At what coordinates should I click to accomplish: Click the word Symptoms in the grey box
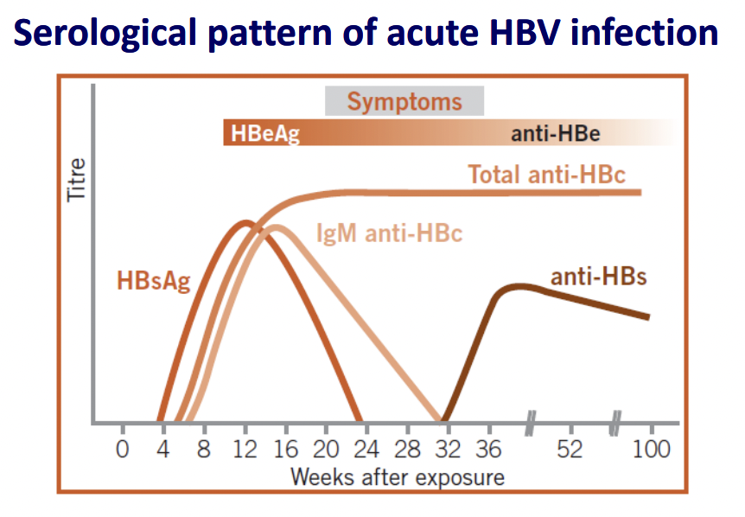point(404,102)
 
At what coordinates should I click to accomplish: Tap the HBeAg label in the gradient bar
point(265,133)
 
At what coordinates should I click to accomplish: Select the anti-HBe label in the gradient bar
point(556,133)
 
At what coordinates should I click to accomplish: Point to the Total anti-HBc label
point(547,175)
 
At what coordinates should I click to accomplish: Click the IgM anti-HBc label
point(389,233)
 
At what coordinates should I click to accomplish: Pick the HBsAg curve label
point(154,281)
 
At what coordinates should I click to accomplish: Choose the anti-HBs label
point(599,276)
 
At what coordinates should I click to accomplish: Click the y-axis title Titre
point(77,180)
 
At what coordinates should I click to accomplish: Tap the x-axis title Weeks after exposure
point(398,477)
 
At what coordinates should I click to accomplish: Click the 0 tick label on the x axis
point(122,449)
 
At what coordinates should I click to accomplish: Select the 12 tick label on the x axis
point(245,449)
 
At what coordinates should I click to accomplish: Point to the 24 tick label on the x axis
point(366,449)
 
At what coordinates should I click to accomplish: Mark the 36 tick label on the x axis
point(489,449)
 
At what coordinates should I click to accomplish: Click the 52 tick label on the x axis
point(570,449)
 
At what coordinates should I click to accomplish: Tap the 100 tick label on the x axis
point(652,449)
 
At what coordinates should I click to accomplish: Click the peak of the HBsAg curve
point(245,222)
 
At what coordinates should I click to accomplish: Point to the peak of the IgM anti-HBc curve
point(276,227)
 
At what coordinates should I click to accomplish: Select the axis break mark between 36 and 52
point(531,423)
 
